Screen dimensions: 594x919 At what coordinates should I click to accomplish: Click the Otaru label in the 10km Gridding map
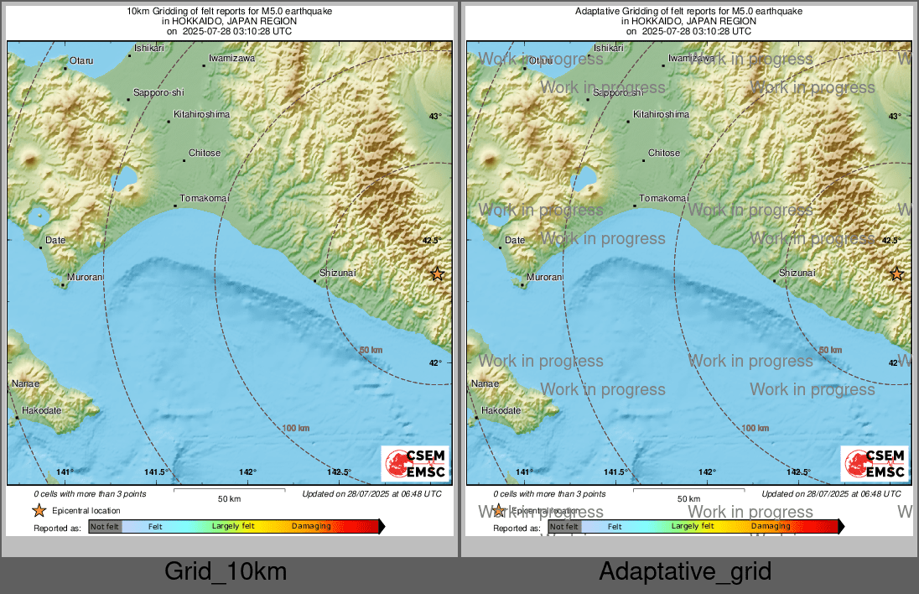[x=80, y=60]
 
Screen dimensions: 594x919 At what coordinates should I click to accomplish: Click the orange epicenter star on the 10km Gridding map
[x=437, y=274]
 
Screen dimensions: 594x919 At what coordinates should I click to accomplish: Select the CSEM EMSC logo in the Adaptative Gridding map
[x=875, y=464]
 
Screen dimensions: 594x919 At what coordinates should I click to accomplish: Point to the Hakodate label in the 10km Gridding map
[x=42, y=410]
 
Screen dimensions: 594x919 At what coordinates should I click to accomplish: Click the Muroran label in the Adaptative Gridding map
[x=544, y=277]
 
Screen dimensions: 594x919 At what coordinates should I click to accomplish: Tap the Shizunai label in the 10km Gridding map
[x=338, y=273]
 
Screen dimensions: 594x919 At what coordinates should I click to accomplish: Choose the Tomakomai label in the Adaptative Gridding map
[x=663, y=198]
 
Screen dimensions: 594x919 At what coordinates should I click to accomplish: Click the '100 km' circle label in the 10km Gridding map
[x=296, y=428]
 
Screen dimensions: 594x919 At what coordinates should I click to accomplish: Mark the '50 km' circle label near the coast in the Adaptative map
[x=829, y=350]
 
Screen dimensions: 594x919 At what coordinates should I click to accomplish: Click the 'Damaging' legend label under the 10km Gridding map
[x=311, y=526]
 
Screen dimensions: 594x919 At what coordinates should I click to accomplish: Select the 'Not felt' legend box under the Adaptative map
[x=564, y=526]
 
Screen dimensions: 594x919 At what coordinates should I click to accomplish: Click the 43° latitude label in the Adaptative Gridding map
[x=894, y=117]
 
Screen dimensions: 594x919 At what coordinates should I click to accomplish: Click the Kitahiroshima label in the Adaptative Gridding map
[x=661, y=114]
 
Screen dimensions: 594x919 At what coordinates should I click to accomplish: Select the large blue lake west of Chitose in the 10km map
[x=126, y=177]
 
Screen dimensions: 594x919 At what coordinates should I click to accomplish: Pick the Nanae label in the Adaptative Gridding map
[x=485, y=383]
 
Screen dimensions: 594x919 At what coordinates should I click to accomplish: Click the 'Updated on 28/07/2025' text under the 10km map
[x=371, y=494]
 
